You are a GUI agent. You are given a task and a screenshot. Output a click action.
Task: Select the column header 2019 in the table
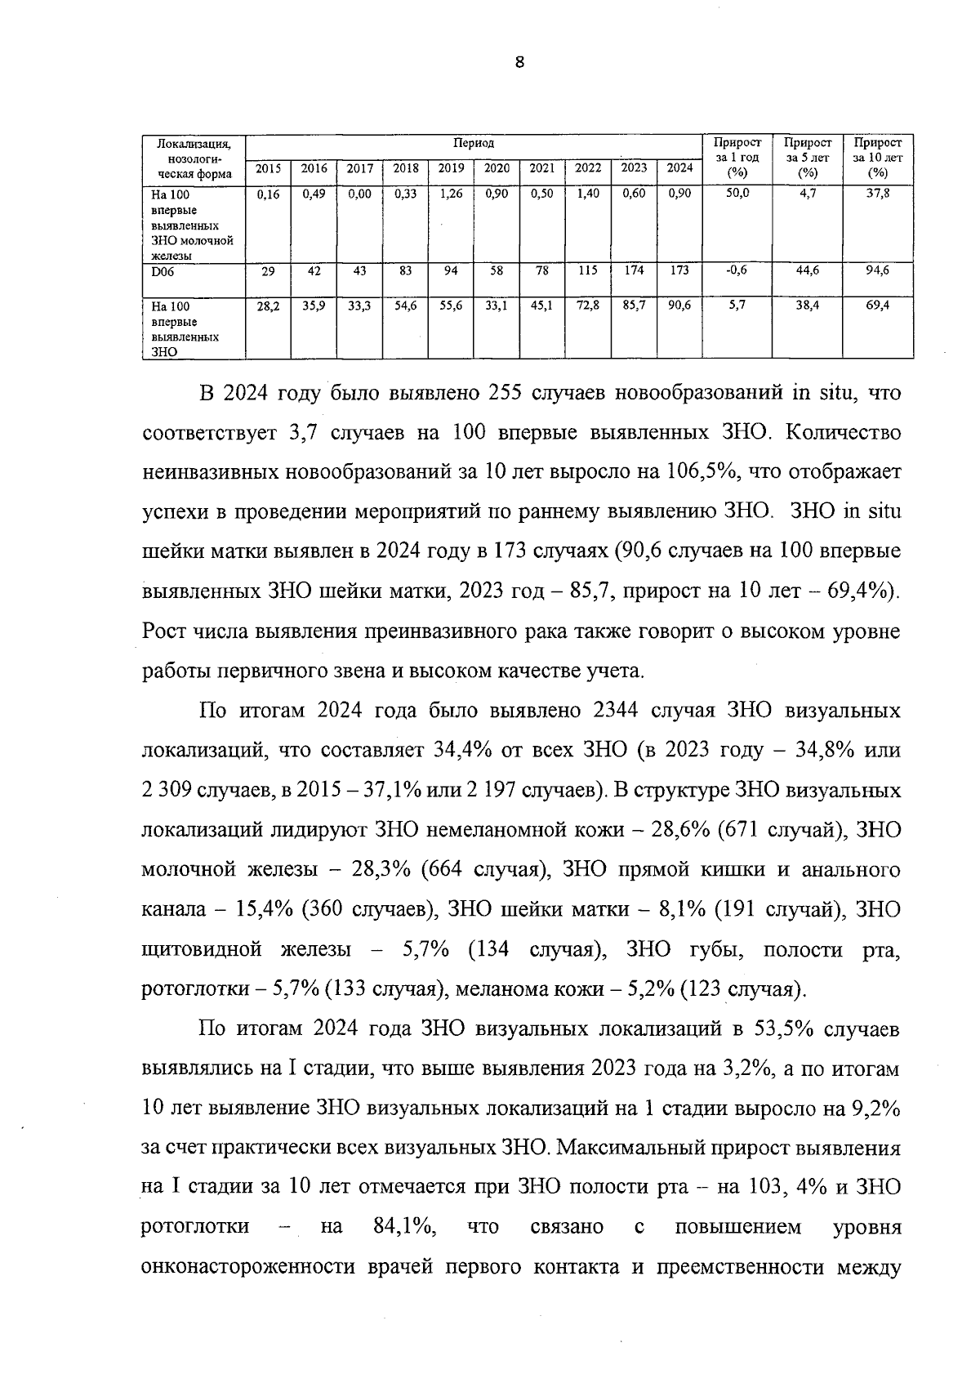(x=451, y=168)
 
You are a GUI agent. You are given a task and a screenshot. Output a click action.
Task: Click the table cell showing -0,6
(x=737, y=270)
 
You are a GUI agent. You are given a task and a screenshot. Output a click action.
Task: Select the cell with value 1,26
(x=451, y=194)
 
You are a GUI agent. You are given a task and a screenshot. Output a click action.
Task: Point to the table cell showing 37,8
(x=878, y=194)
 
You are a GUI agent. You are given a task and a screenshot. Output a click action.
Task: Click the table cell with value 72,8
(x=588, y=305)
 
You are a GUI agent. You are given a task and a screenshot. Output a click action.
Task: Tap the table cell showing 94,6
(x=878, y=270)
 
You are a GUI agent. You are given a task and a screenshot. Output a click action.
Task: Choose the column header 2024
(x=679, y=168)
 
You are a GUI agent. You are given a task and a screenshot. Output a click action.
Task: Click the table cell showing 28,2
(x=268, y=305)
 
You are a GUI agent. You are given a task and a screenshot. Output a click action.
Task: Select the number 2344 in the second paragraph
(x=609, y=711)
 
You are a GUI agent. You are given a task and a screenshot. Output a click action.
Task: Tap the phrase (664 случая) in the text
(x=484, y=870)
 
